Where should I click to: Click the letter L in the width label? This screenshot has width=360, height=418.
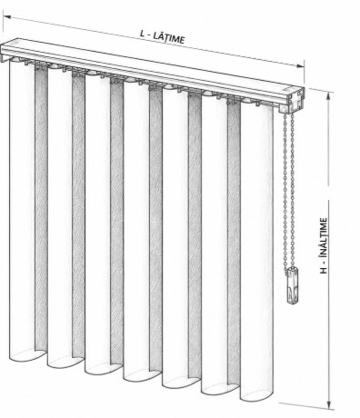tap(142, 33)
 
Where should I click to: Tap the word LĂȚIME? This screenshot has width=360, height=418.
tap(168, 37)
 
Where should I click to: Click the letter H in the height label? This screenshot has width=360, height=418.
tap(324, 270)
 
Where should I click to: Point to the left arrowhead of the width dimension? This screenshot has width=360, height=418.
tap(6, 16)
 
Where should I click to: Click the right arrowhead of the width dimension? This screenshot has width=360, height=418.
tap(300, 65)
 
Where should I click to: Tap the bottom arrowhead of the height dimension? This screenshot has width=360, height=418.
tap(329, 405)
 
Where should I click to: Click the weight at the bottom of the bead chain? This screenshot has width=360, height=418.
tap(292, 285)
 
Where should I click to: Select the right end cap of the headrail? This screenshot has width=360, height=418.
tap(294, 100)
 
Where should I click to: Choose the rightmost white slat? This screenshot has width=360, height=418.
tap(257, 252)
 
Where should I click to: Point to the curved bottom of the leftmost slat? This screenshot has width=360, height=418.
tap(27, 357)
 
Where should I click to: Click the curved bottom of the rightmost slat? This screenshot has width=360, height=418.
tap(257, 397)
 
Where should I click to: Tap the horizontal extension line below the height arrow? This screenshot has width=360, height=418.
tap(306, 406)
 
